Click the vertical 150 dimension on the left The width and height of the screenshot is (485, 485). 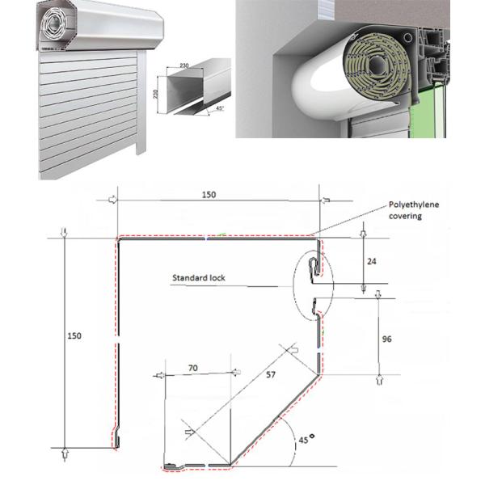tap(74, 335)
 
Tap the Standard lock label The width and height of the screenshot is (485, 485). tap(198, 279)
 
